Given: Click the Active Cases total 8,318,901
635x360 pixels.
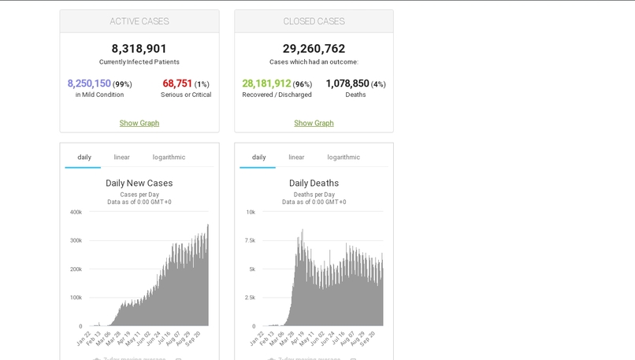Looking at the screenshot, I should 139,49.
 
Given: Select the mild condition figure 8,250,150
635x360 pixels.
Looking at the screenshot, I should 89,84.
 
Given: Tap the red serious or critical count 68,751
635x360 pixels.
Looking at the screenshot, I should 177,84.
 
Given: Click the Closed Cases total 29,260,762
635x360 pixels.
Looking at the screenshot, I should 314,49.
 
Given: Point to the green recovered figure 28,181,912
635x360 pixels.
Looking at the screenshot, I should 266,84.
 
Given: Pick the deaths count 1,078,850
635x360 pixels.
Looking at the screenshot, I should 347,84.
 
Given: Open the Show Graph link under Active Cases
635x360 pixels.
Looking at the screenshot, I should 139,123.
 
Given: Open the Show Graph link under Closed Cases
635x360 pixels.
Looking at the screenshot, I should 314,123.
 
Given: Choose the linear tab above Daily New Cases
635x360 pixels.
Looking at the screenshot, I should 121,158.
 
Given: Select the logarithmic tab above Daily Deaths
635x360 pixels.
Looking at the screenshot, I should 343,158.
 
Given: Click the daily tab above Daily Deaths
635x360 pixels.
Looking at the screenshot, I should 258,158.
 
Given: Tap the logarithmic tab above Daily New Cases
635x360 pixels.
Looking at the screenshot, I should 169,158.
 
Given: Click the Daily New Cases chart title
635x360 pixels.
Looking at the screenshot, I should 139,184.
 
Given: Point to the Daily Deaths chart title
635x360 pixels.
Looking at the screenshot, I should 314,184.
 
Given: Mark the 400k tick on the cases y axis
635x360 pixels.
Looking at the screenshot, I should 76,212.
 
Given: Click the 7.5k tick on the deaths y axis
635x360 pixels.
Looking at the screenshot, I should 250,240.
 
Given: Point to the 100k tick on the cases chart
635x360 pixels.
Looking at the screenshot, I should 76,298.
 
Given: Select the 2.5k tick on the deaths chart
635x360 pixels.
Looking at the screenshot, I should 250,298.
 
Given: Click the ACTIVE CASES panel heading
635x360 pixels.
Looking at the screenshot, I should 139,21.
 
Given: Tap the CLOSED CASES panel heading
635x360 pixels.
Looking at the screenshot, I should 314,21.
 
